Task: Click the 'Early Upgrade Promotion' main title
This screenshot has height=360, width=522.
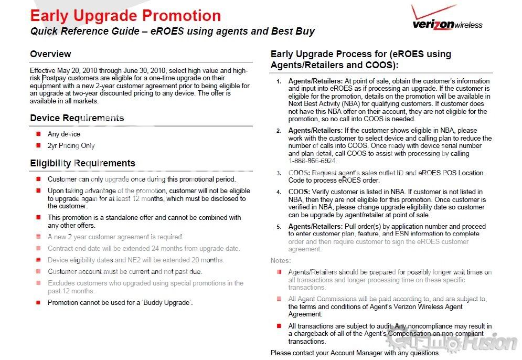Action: pos(125,16)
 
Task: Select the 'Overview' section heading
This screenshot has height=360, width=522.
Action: pos(50,54)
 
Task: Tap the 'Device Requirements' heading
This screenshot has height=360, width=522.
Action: pos(77,118)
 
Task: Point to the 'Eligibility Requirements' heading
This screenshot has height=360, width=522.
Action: pos(82,163)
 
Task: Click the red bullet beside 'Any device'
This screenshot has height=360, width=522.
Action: pos(38,134)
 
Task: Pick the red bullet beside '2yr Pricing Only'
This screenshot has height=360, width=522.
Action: pos(38,145)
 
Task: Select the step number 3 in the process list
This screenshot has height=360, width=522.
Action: pos(279,173)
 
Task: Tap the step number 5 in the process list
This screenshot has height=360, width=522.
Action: pos(279,227)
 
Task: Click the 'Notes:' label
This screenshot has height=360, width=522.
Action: pos(281,260)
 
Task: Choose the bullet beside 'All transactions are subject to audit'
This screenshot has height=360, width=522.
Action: pos(279,326)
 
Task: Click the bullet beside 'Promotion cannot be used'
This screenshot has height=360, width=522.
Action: pos(38,302)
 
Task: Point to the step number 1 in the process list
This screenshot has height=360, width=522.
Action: pos(279,81)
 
